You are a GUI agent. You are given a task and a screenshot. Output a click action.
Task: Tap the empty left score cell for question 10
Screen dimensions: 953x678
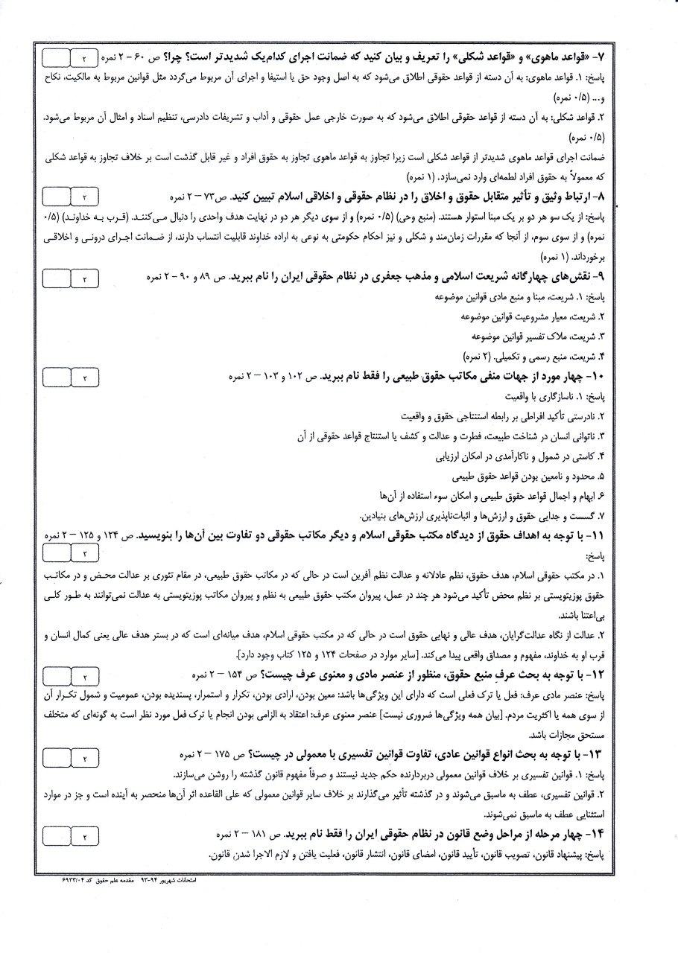point(56,377)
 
